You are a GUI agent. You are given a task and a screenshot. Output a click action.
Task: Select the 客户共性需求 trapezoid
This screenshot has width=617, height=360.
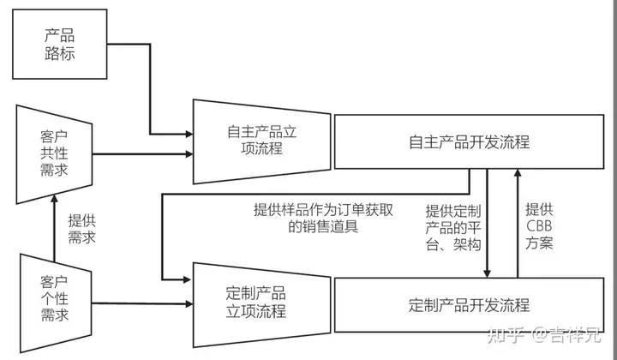(53, 154)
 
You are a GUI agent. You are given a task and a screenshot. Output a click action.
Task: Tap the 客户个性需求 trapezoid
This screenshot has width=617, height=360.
(53, 298)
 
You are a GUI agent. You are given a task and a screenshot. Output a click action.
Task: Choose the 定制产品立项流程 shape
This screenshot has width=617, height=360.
(261, 302)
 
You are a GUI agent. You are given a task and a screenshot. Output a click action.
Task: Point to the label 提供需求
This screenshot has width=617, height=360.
(81, 227)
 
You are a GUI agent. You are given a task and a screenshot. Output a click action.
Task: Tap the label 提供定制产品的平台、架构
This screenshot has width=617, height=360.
(454, 227)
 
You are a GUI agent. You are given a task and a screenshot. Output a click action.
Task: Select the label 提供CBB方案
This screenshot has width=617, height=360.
(540, 226)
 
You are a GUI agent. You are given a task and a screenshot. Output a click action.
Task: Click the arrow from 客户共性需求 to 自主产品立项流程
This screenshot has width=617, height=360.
(141, 155)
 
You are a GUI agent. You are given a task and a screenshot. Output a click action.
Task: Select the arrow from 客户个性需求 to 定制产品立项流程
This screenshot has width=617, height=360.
(141, 302)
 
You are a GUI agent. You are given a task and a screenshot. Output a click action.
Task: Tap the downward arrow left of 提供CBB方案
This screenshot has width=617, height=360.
(488, 223)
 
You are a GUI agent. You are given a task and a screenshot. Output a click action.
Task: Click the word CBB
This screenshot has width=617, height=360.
(541, 226)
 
